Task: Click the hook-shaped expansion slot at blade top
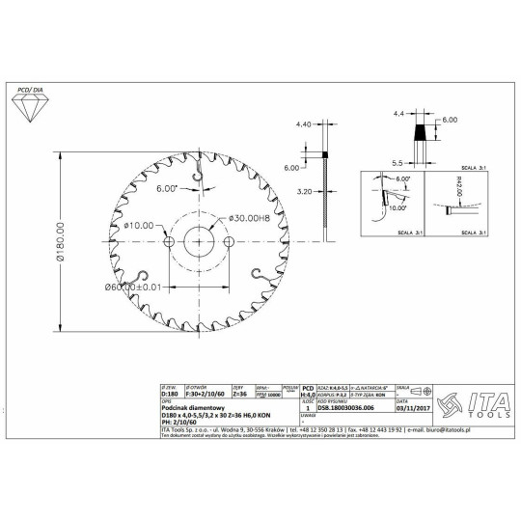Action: click(x=197, y=173)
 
